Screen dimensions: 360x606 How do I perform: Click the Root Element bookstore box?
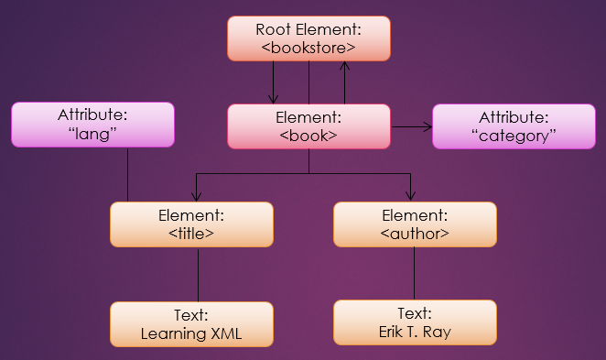(x=308, y=38)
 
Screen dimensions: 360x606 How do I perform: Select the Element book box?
(x=308, y=125)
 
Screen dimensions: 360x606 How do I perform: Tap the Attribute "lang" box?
(x=92, y=125)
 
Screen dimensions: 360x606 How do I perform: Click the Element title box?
(x=191, y=224)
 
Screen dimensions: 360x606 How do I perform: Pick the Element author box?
(x=415, y=224)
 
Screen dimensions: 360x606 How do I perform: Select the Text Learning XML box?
(x=191, y=323)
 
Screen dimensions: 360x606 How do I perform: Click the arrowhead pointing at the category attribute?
(x=427, y=126)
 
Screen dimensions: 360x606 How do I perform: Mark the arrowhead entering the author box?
(x=410, y=196)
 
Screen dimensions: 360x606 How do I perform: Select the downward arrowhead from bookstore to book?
(x=273, y=98)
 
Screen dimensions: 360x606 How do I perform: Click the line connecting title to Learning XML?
(x=198, y=274)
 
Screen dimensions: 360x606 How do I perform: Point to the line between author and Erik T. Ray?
(x=415, y=273)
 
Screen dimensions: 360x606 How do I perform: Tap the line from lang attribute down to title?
(x=127, y=174)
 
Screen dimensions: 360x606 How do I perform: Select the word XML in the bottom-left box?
(x=223, y=333)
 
